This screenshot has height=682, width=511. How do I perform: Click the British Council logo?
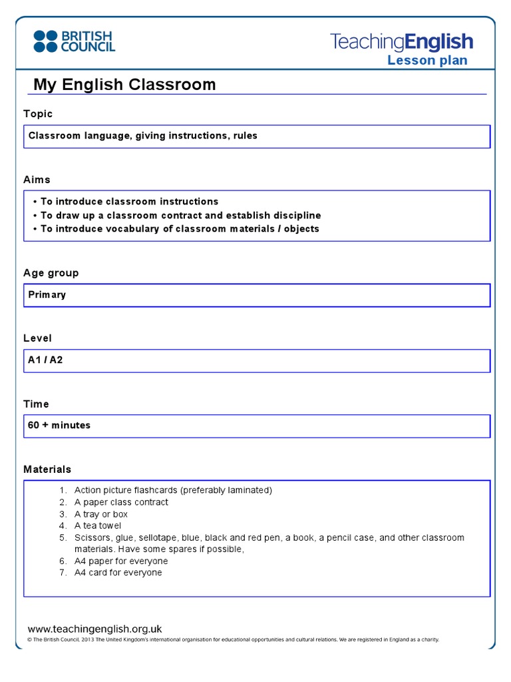pos(74,41)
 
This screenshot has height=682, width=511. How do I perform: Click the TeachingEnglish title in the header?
pos(401,42)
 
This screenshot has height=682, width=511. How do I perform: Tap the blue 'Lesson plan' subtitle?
pos(427,61)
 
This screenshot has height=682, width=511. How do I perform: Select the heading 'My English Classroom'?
pos(124,85)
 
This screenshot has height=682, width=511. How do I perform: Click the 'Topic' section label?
pos(38,114)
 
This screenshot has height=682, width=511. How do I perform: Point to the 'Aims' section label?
pos(37,180)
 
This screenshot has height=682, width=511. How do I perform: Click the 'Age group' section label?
pos(51,272)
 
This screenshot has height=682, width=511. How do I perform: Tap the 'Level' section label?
pos(37,338)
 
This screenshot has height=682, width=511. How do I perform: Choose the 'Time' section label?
pos(36,404)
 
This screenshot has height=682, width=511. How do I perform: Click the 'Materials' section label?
pos(47,470)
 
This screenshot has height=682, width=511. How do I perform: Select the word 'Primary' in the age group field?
pos(47,294)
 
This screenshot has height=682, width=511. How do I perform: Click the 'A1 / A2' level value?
pos(45,360)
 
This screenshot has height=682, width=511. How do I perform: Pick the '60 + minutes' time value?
pos(59,425)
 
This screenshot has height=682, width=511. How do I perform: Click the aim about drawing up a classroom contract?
pos(180,215)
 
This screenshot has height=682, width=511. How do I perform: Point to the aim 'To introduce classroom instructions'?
pos(129,201)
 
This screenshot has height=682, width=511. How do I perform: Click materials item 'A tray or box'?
pos(101,514)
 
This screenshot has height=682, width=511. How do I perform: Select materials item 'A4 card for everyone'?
pos(118,573)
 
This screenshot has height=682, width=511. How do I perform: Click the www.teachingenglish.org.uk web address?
pos(94,629)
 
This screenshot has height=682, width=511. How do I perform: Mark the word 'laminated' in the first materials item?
pos(246,490)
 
